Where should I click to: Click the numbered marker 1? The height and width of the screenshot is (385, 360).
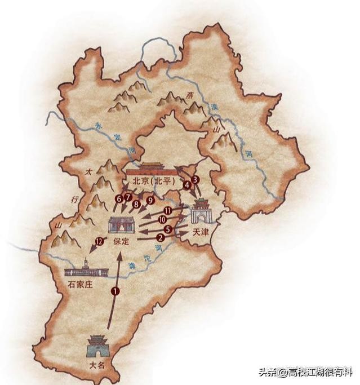point(115,291)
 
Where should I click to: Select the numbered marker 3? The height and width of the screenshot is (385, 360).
point(195,180)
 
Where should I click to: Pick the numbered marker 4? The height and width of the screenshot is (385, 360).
point(187,184)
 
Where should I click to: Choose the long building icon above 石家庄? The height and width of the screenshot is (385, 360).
point(85,269)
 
